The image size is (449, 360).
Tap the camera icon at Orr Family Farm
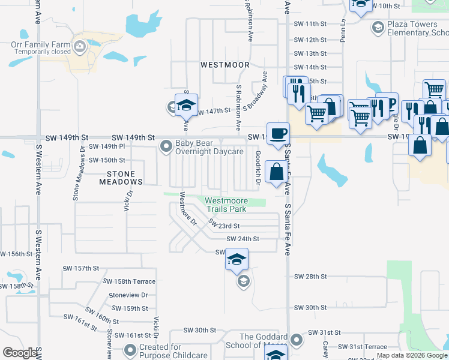pos(79,46)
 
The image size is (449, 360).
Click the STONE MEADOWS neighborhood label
pos(121,177)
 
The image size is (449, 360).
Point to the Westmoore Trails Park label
pos(226,205)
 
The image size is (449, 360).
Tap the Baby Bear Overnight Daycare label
pos(209,148)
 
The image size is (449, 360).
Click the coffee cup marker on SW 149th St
pos(277,133)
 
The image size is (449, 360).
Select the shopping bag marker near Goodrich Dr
pos(276,172)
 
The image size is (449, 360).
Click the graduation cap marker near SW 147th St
pos(186,104)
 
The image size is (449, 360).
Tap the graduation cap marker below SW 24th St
pos(237,260)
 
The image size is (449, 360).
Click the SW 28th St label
pos(310,277)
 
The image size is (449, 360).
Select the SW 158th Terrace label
pos(129,281)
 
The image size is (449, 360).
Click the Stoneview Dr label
pos(128,295)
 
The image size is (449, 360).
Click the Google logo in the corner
pos(20,353)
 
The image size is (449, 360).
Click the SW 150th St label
pos(107,160)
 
